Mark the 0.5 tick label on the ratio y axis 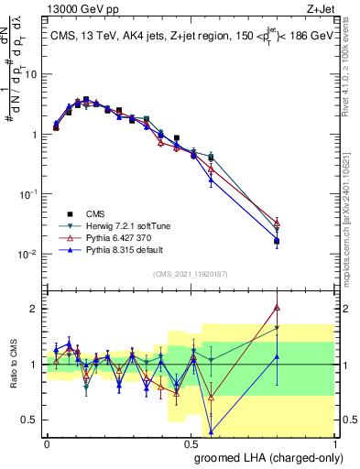pos(28,420)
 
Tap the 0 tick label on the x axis pos(47,442)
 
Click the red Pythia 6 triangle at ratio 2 pos(277,308)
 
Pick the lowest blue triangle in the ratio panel pos(212,431)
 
